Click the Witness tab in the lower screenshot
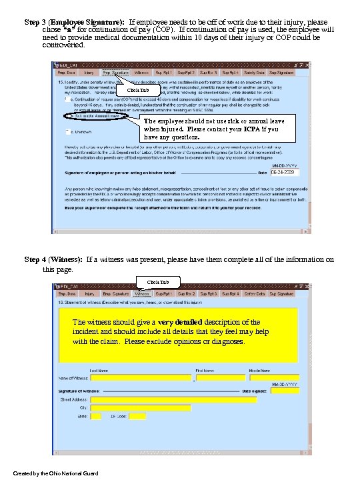tap(141, 293)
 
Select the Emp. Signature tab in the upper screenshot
tap(115, 71)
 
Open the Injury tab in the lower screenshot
tap(89, 293)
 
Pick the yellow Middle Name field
tap(273, 377)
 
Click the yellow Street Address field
tap(173, 400)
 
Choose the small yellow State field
tap(96, 417)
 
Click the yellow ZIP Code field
tap(137, 417)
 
